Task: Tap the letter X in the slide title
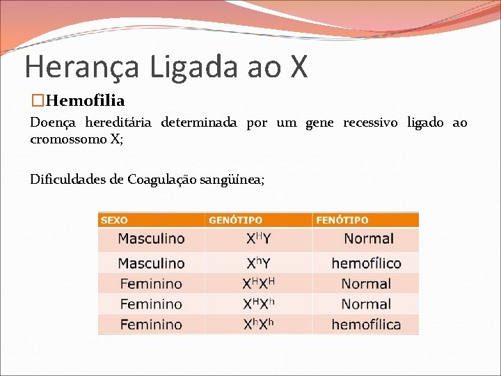point(298,67)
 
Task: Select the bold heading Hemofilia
point(87,102)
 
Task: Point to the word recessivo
point(370,123)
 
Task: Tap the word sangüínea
point(232,180)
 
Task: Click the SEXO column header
point(115,220)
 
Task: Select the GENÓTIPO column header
point(236,220)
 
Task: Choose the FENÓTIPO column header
point(342,220)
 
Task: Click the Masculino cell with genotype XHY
point(151,239)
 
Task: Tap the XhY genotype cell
point(258,263)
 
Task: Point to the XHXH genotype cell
point(258,283)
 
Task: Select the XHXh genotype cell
point(258,304)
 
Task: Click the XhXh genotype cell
point(258,324)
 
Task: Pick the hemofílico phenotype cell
point(366,263)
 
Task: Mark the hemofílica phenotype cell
point(366,324)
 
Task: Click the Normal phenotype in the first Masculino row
point(368,239)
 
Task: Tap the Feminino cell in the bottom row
point(151,324)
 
